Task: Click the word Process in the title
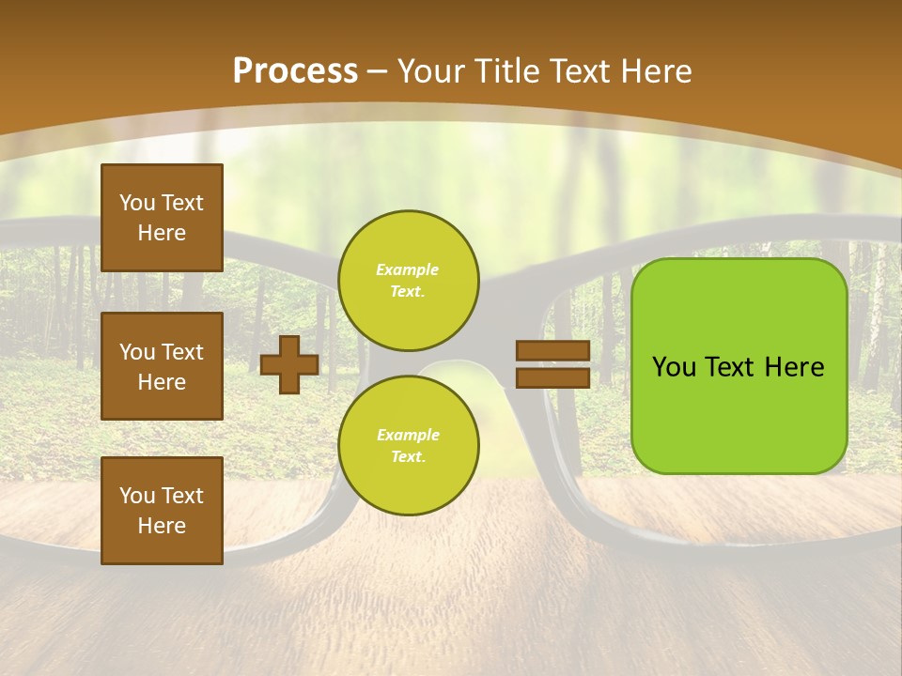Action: pyautogui.click(x=295, y=71)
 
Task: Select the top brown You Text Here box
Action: pyautogui.click(x=162, y=218)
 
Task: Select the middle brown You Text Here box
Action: pyautogui.click(x=162, y=366)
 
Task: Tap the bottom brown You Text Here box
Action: pyautogui.click(x=162, y=511)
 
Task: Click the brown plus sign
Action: pyautogui.click(x=289, y=364)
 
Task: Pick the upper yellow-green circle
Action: pyautogui.click(x=408, y=280)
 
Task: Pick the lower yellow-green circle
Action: pyautogui.click(x=408, y=445)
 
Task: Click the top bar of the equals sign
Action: pyautogui.click(x=552, y=351)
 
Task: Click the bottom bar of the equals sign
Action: pyautogui.click(x=552, y=377)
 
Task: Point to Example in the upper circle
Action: pyautogui.click(x=408, y=269)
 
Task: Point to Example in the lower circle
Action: pyautogui.click(x=408, y=435)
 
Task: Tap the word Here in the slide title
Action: pyautogui.click(x=657, y=71)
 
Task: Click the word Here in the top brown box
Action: pyautogui.click(x=162, y=233)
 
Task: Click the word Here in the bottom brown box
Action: pyautogui.click(x=162, y=526)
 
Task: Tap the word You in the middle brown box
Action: pyautogui.click(x=137, y=352)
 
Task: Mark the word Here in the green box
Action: pyautogui.click(x=795, y=367)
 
